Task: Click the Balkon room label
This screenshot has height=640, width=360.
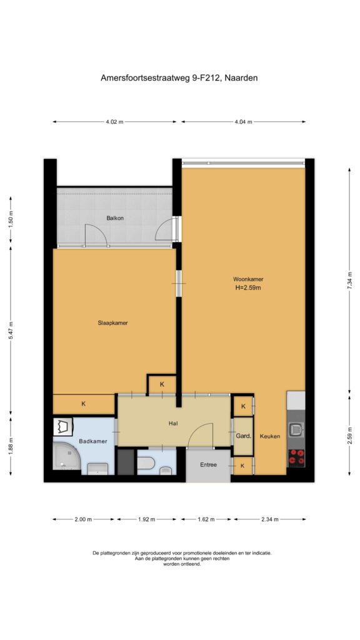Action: [x=115, y=218]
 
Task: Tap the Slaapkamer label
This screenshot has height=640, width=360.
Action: [x=112, y=322]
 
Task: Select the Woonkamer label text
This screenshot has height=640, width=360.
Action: [x=248, y=279]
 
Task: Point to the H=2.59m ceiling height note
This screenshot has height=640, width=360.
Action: [x=247, y=287]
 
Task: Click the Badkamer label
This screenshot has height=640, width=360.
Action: [x=93, y=441]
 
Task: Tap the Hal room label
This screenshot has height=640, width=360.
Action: [x=172, y=423]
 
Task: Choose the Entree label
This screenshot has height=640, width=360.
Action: [x=208, y=464]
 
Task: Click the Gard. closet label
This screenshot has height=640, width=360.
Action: [x=243, y=436]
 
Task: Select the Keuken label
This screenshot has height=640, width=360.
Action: [x=270, y=436]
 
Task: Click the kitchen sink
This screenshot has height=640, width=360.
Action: [x=296, y=429]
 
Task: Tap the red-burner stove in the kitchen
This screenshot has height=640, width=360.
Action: [x=296, y=457]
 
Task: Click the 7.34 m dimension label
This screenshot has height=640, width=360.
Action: [x=349, y=281]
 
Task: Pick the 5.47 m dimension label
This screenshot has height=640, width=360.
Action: [x=11, y=331]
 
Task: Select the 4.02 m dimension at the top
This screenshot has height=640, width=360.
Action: [x=114, y=122]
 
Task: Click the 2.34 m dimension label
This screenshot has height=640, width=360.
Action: [x=269, y=519]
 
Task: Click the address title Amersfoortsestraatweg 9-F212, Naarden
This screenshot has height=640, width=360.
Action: [x=179, y=77]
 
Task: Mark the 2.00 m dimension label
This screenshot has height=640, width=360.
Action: [x=83, y=519]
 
